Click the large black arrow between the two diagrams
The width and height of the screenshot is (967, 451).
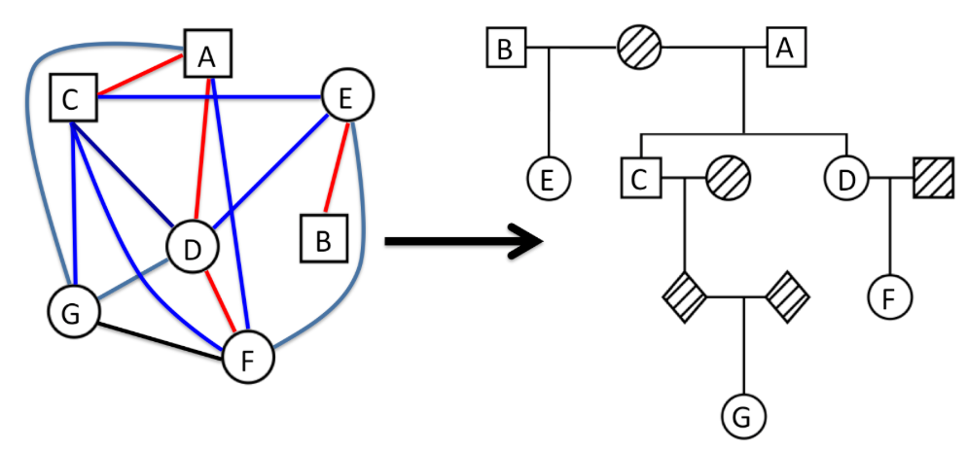[462, 239]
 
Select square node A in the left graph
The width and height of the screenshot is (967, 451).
[205, 55]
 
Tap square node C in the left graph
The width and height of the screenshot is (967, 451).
[75, 98]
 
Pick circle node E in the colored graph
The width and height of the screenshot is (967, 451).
[346, 94]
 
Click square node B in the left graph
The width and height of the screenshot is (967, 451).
[322, 238]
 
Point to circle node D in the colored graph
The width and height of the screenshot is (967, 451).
[193, 249]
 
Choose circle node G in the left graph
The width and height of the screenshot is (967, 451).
[74, 313]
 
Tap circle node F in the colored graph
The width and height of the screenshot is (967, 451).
[247, 359]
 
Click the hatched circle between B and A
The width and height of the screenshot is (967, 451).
[640, 46]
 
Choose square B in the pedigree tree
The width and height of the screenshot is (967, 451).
[505, 47]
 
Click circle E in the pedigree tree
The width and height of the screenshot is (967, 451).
[550, 179]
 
